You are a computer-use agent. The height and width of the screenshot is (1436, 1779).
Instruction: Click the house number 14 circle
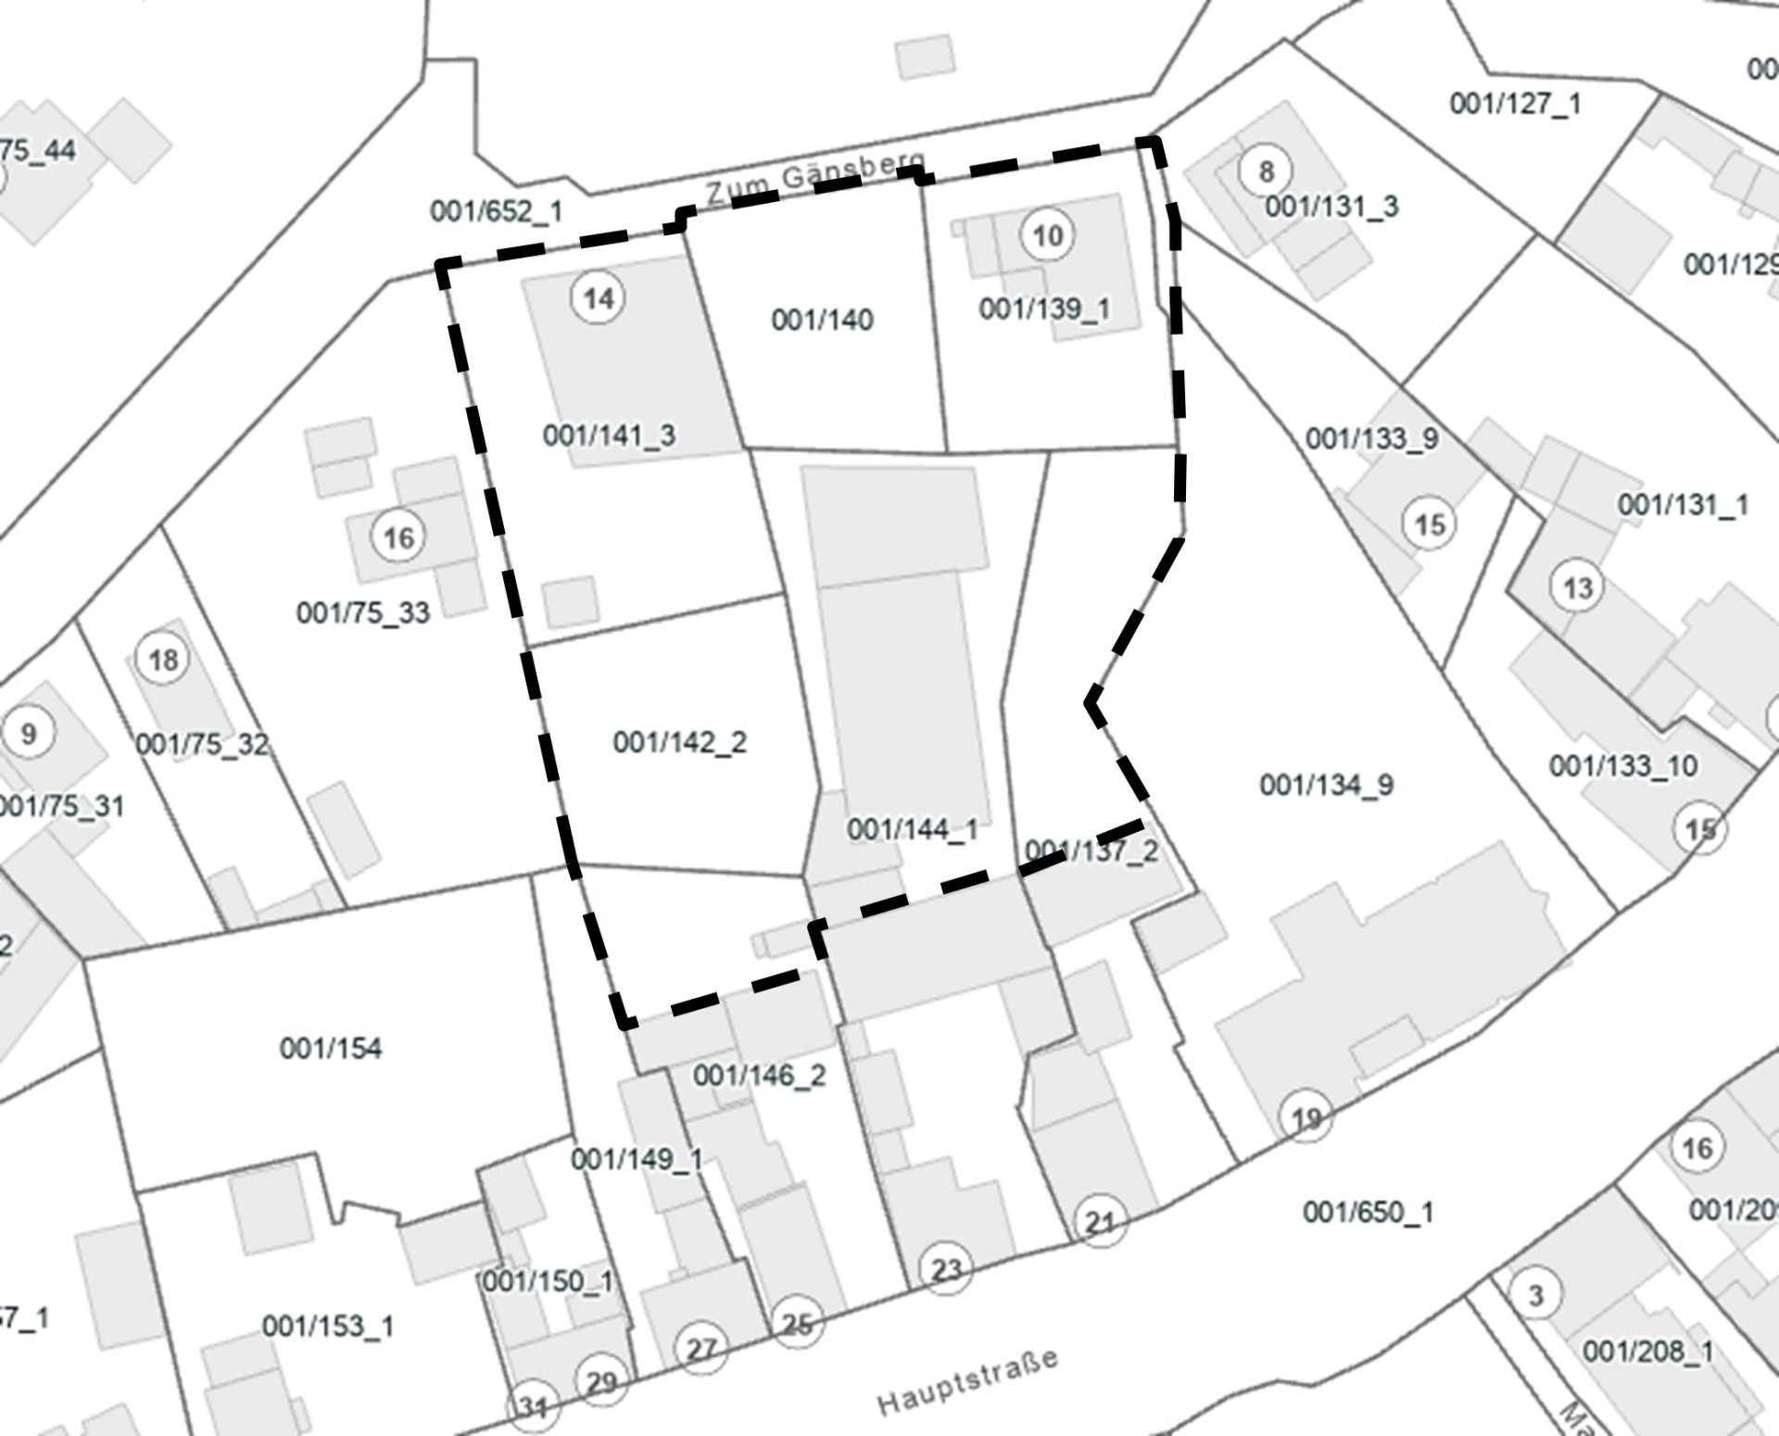pos(599,298)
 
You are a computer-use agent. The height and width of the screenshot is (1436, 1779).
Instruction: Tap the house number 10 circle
pos(1048,235)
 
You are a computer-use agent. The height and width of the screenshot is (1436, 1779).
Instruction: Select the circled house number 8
pos(1266,171)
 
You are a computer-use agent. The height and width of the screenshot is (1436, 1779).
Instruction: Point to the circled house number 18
pos(163,660)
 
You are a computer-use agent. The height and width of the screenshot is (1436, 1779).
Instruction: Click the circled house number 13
pos(1577,587)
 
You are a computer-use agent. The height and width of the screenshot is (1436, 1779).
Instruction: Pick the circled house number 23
pos(946,1268)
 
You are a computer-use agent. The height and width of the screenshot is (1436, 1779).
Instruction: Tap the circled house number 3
pos(1535,1294)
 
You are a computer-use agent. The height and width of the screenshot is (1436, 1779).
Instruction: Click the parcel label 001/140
pos(822,321)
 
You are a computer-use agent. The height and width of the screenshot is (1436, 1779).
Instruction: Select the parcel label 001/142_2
pos(679,742)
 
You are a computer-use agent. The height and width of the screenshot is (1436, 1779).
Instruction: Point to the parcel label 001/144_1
pos(913,829)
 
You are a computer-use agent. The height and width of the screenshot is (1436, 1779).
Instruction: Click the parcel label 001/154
pos(331,1049)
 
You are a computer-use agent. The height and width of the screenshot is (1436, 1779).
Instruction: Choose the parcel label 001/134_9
pos(1326,786)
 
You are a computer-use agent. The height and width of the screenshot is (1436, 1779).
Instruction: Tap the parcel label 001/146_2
pos(759,1076)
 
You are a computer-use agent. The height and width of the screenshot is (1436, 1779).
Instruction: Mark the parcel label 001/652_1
pos(496,211)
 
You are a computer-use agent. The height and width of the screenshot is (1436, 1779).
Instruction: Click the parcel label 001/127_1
pos(1515,103)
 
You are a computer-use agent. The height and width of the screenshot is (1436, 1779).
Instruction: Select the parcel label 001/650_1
pos(1368,1212)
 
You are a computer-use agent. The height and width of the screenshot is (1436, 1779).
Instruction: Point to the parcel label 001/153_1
pos(328,1326)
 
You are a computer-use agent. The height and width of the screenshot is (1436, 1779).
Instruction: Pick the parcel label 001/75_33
pos(363,612)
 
